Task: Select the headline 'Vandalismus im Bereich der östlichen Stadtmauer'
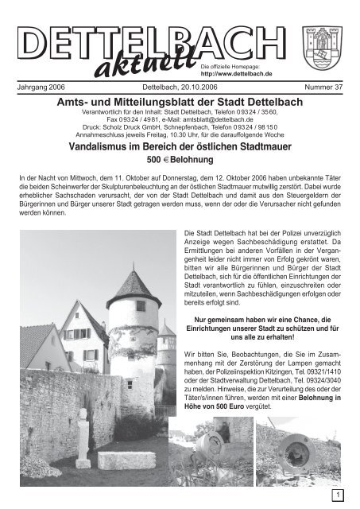coord(180,147)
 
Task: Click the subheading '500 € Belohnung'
coord(180,161)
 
